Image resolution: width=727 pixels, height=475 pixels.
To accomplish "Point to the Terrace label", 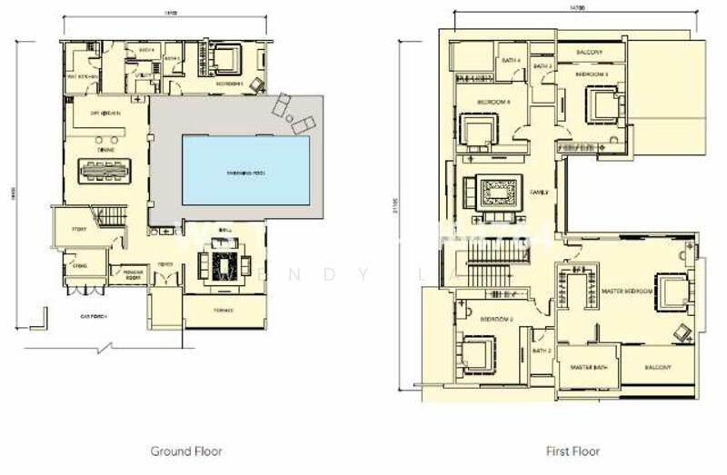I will [x=224, y=311].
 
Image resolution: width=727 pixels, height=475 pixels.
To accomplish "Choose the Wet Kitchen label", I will [x=82, y=77].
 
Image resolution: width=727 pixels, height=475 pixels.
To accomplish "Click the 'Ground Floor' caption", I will [x=185, y=450].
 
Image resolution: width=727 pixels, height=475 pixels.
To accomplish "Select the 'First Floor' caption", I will [x=573, y=450].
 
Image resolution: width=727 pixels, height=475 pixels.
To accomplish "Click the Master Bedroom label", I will [x=627, y=291].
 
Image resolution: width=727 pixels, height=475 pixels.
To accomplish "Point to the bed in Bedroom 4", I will [x=476, y=132].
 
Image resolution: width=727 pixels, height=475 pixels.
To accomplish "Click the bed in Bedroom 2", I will [x=477, y=352].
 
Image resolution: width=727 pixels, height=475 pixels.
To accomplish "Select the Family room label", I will [x=540, y=193].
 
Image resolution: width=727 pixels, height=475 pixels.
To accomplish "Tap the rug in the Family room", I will [x=496, y=193].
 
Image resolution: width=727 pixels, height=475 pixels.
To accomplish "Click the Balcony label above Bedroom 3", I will [x=589, y=52].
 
